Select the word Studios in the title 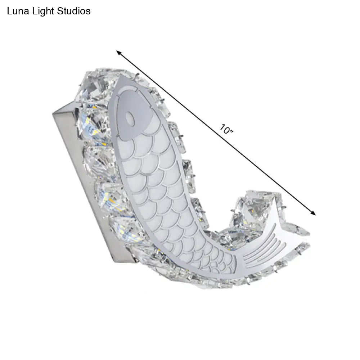73,11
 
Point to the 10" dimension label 227,130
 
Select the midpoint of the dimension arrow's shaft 216,133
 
